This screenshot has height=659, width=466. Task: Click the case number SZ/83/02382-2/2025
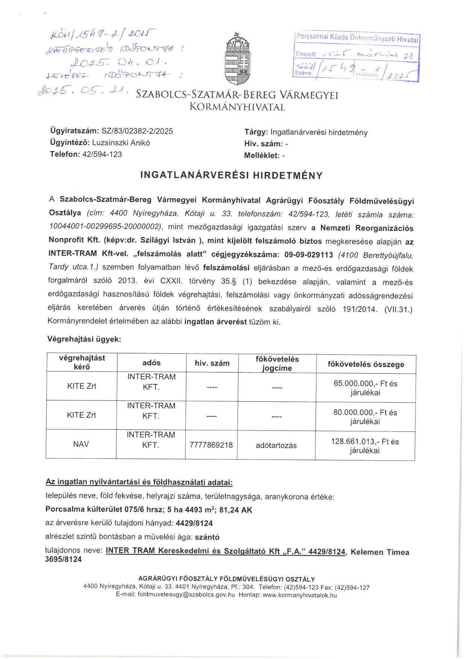(x=137, y=131)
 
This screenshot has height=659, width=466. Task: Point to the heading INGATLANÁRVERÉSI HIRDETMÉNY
(x=231, y=176)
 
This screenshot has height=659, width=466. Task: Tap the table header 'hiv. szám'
(x=212, y=363)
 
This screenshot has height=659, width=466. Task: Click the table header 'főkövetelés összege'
(x=366, y=364)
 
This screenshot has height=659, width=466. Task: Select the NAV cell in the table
(x=81, y=444)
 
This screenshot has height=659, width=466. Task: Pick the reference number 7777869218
(x=211, y=445)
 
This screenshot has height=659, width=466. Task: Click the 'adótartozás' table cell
(x=276, y=446)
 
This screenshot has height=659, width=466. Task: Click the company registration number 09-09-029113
(x=309, y=255)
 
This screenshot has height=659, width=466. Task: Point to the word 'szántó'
(x=207, y=537)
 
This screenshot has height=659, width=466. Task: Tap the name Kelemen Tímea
(x=380, y=552)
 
